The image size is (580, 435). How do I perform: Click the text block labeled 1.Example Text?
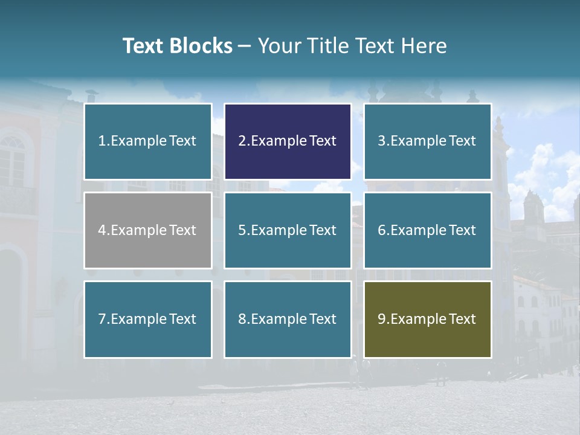(x=147, y=141)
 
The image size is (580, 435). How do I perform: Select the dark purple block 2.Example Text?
(x=288, y=141)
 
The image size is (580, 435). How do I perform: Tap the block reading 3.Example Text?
(x=427, y=141)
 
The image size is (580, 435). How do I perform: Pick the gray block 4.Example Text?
(x=147, y=230)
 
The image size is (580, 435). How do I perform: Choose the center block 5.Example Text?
(x=288, y=230)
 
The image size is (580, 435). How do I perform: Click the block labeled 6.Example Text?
(x=427, y=230)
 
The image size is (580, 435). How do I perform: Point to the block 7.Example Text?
(x=147, y=319)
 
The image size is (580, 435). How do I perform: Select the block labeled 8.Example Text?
(x=288, y=319)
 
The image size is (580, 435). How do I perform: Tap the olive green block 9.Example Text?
(x=427, y=319)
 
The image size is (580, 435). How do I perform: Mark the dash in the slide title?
(x=244, y=47)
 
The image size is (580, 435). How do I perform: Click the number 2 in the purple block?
(x=242, y=141)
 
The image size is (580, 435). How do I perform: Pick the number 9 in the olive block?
(x=381, y=319)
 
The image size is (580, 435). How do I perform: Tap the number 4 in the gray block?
(x=101, y=230)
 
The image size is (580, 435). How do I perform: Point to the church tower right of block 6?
(x=533, y=208)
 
